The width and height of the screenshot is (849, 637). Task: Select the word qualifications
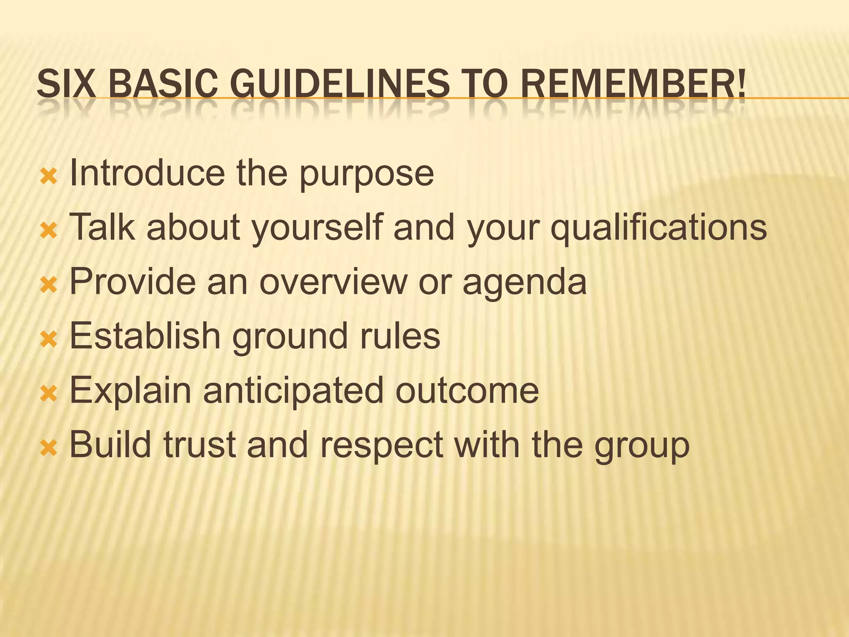pos(659,227)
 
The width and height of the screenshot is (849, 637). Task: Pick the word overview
pos(333,282)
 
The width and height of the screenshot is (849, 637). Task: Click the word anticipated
pos(293,391)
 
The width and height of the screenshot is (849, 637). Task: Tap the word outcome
pos(467,391)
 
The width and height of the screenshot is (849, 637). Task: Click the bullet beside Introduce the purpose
pos(49,177)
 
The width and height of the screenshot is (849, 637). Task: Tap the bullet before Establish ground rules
pos(49,340)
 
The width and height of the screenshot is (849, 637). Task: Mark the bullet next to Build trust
pos(49,449)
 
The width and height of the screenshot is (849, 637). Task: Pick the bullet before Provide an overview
pos(49,286)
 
